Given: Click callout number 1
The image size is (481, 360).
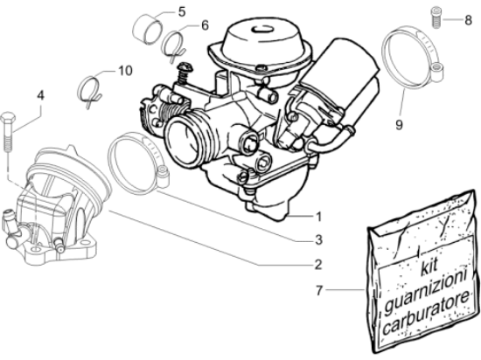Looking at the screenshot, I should (319, 216).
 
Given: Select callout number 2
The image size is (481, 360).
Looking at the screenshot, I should (319, 263).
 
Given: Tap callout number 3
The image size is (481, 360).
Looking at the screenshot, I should (319, 239).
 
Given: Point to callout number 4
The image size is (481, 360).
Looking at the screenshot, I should (38, 93).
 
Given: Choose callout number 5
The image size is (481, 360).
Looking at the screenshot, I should (181, 11).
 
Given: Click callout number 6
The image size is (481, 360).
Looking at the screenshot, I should (205, 25).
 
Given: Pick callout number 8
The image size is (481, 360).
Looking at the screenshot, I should (468, 16).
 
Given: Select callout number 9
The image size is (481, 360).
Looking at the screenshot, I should (398, 125).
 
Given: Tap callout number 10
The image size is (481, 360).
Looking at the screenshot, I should (123, 68).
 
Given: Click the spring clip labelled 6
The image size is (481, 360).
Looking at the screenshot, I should (176, 40).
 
